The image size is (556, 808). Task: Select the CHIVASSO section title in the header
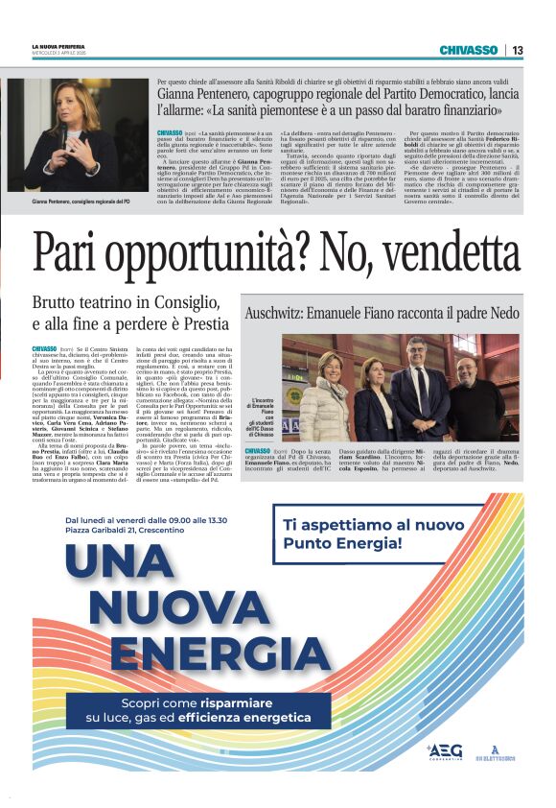coord(469,50)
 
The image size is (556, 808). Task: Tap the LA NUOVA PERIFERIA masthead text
coord(60,45)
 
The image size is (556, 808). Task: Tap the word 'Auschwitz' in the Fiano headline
coord(278,314)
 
